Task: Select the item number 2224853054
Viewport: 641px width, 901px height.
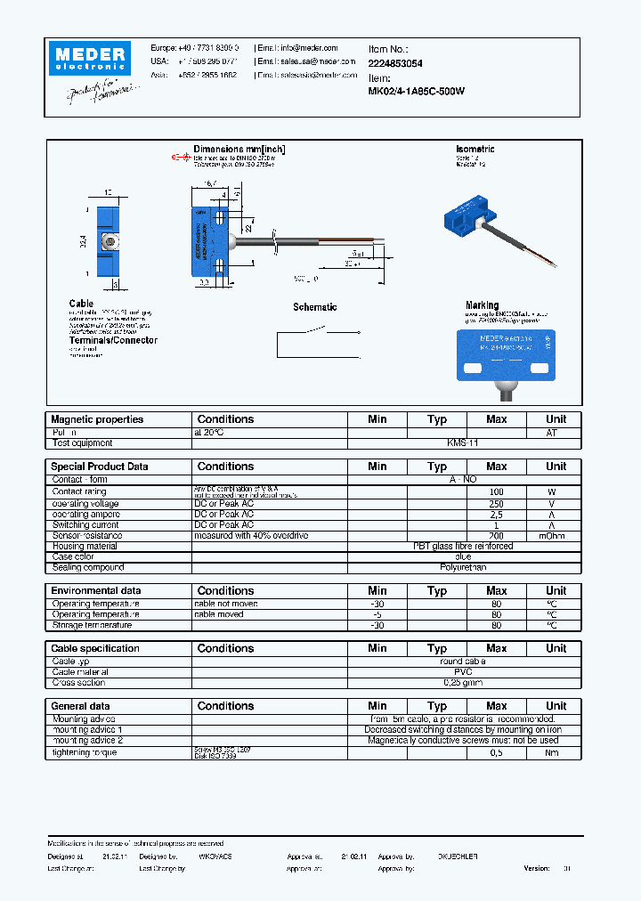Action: point(395,64)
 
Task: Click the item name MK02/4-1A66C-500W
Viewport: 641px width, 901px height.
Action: point(417,92)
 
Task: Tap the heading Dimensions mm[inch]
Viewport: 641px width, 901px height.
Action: point(239,150)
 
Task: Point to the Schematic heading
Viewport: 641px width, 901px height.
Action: point(315,307)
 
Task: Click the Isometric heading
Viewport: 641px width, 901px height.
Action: point(475,150)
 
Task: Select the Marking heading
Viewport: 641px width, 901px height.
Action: point(482,305)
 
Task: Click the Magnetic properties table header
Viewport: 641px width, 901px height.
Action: point(97,419)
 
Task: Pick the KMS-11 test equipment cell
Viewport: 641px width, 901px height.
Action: point(463,442)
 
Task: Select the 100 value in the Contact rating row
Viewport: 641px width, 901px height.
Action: point(496,491)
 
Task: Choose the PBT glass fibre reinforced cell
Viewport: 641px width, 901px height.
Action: point(463,547)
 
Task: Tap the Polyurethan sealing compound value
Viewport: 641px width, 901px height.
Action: point(463,567)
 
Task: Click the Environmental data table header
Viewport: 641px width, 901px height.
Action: point(96,591)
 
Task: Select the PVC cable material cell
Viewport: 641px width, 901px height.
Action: point(463,672)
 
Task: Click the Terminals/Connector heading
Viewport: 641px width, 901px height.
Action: point(113,340)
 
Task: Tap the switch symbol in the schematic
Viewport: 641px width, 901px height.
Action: point(314,333)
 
